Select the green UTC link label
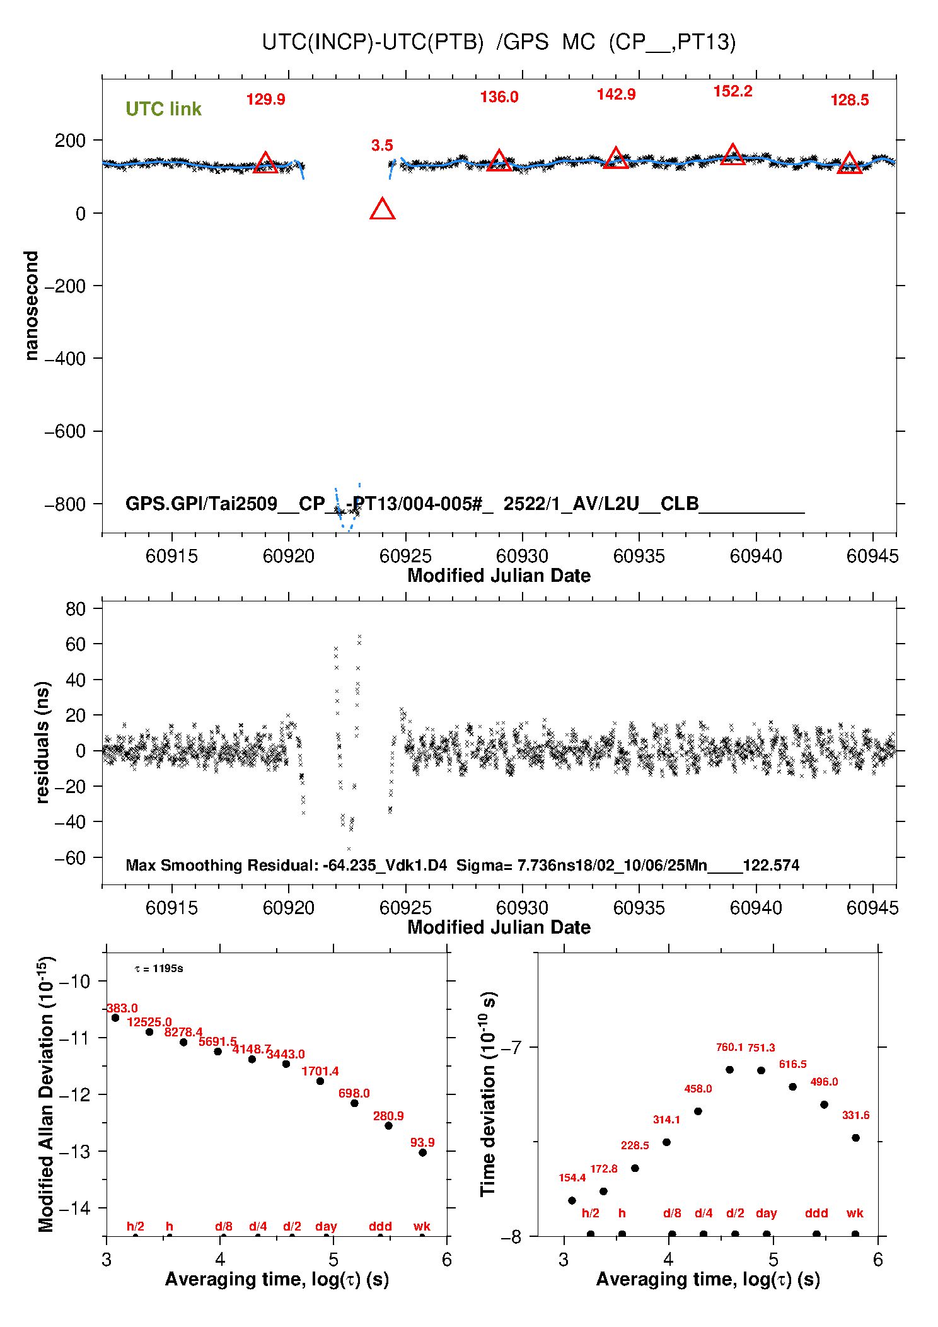click(163, 109)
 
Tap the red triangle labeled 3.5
click(382, 209)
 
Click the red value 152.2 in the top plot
click(732, 91)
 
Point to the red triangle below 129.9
click(265, 163)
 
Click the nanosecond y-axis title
click(31, 305)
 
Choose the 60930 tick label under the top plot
click(522, 556)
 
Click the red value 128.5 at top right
click(849, 100)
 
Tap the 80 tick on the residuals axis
click(75, 609)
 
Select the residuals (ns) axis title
click(42, 742)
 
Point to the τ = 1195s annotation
click(159, 968)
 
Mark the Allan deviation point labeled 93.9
click(422, 1152)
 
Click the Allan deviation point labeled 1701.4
click(320, 1081)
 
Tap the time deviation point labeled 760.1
click(729, 1069)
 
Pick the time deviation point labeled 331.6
click(855, 1138)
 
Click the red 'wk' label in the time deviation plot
click(855, 1213)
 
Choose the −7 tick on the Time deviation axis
click(512, 1048)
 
